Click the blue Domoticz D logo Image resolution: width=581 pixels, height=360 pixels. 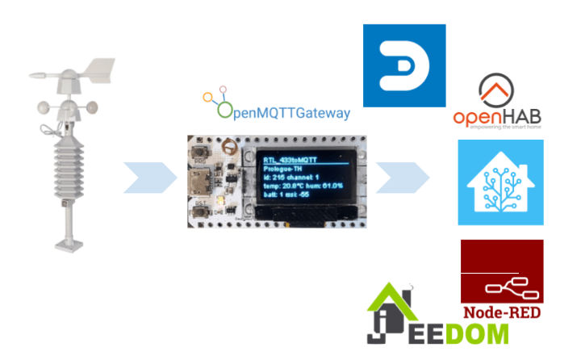coord(404,65)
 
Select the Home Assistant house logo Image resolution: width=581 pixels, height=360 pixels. coord(500,182)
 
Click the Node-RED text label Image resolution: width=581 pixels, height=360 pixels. coord(501,312)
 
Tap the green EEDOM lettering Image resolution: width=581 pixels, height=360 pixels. coord(452,331)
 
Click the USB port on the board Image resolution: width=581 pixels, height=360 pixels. coord(199,179)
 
